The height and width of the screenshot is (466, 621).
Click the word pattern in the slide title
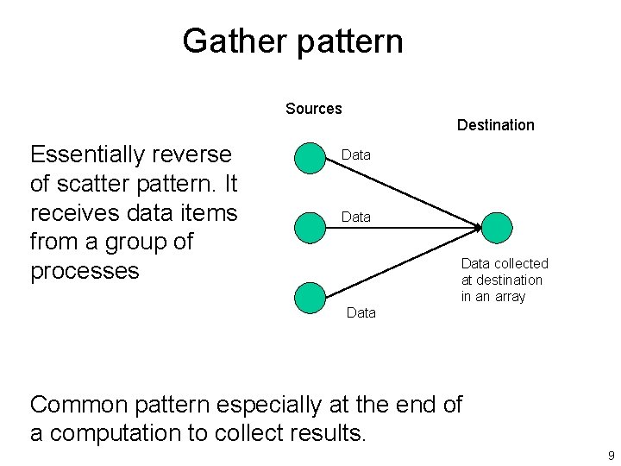[350, 41]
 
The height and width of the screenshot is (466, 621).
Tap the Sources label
[314, 109]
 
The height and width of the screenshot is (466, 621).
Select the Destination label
[495, 125]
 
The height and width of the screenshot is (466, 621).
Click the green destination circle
[496, 227]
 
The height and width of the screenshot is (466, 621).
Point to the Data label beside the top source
[356, 155]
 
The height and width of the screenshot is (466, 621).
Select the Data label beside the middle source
[356, 217]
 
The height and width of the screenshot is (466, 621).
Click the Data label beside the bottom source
[361, 313]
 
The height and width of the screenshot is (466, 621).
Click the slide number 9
[611, 456]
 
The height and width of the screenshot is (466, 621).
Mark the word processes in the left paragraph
[85, 271]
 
